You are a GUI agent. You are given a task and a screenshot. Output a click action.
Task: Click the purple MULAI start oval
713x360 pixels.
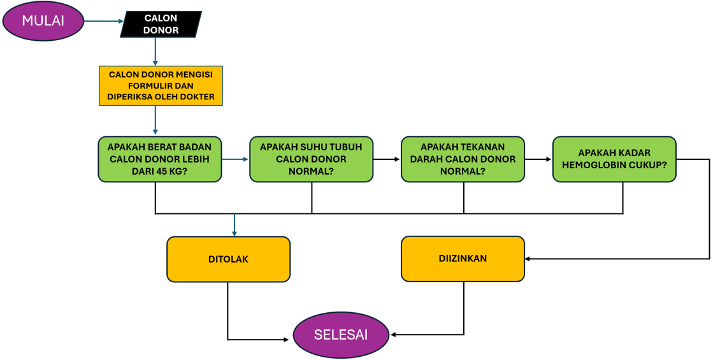coord(43,21)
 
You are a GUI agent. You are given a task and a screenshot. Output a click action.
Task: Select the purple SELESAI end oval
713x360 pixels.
coord(341,335)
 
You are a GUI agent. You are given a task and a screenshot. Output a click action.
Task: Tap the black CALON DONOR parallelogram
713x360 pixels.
coord(161,24)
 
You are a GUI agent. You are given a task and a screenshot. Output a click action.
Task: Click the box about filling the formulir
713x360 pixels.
coord(161,86)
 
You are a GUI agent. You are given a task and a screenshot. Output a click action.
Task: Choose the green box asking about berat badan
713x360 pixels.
coord(160,159)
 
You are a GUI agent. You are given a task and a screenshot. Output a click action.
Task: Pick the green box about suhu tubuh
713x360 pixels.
coord(311,159)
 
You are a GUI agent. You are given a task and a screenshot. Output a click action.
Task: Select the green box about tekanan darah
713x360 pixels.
coord(463,159)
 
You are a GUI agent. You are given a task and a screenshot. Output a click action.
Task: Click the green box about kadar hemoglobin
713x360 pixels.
coord(614,159)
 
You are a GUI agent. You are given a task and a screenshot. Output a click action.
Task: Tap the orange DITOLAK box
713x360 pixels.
coord(228,259)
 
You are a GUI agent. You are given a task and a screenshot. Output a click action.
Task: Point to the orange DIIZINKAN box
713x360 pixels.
coord(463,259)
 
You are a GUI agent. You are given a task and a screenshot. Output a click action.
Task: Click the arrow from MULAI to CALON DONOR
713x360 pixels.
coord(103,21)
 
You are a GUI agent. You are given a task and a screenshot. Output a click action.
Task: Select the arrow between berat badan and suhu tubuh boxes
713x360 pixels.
coord(235,159)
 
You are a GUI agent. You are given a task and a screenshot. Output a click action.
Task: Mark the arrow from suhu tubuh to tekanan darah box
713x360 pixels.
coord(387,159)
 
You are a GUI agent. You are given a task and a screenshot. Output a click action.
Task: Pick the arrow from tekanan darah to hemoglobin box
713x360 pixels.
coord(538,159)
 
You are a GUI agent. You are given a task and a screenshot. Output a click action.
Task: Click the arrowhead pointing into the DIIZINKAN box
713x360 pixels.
coord(528,259)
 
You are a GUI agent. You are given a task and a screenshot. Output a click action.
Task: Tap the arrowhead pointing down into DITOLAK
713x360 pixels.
coord(234,233)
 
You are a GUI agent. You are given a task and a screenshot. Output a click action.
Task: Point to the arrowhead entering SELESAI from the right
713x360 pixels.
coord(394,335)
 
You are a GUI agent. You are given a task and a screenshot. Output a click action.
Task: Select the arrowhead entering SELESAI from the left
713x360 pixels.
coord(286,340)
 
